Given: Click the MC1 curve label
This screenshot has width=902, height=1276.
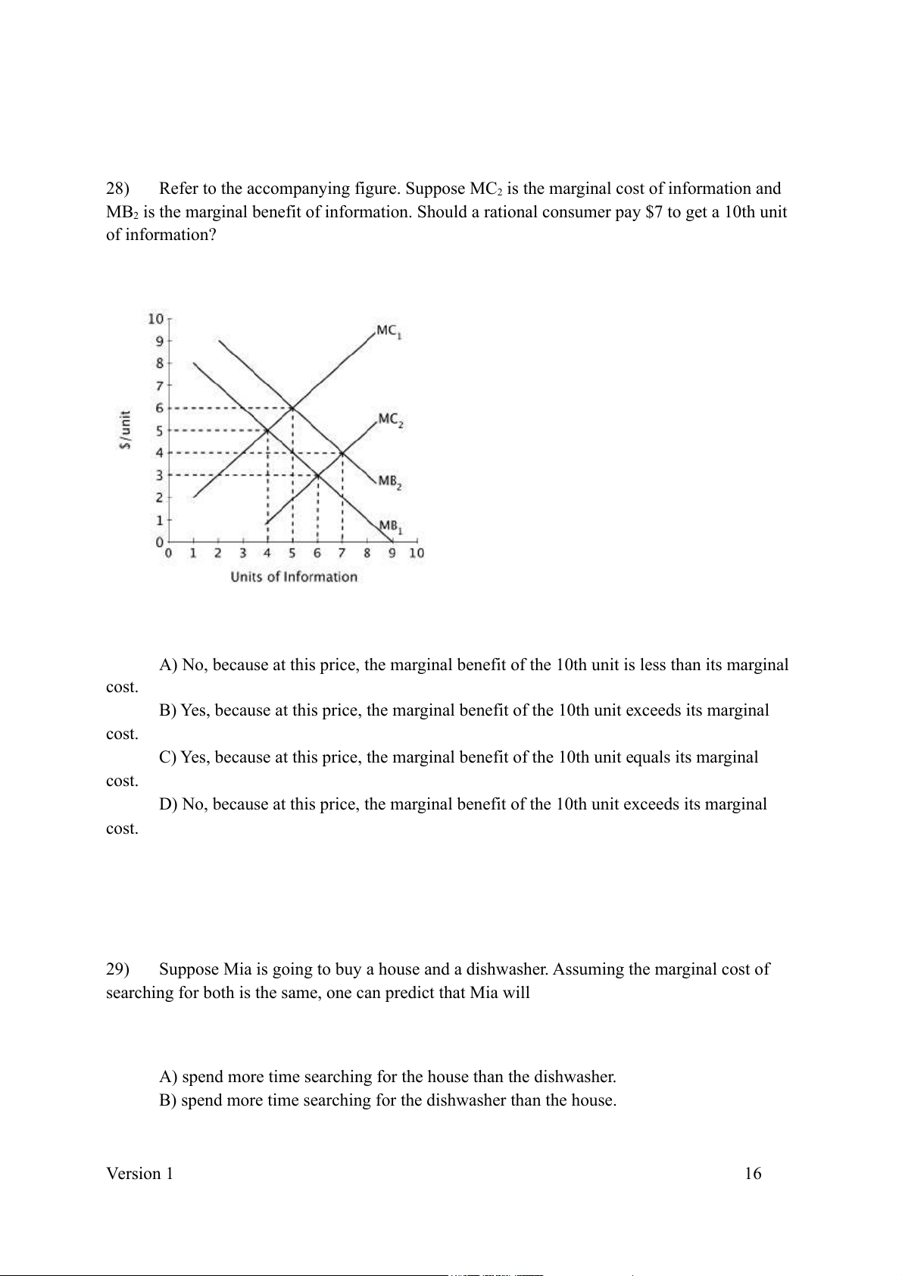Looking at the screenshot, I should [x=389, y=332].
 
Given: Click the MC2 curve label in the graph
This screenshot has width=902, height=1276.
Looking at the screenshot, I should [x=391, y=420].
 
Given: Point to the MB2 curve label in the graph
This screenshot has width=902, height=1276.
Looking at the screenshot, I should [x=389, y=482].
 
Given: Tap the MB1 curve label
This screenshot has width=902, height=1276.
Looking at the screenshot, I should [x=390, y=526].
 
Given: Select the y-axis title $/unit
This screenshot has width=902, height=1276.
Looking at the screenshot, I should [x=126, y=430].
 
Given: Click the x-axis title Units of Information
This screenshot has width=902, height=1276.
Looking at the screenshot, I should [x=294, y=577].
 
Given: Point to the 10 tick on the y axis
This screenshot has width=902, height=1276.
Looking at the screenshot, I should [x=155, y=318].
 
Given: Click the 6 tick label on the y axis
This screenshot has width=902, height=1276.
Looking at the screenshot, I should [x=159, y=408].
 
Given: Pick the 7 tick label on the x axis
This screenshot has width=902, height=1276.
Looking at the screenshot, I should [x=342, y=553].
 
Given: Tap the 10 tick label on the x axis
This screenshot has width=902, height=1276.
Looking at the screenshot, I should [x=417, y=553].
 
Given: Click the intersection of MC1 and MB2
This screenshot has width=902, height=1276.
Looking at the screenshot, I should [x=293, y=408].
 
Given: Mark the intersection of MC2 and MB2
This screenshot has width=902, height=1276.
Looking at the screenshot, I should [x=342, y=453].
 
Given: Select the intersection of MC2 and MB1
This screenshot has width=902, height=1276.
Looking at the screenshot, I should [x=317, y=476].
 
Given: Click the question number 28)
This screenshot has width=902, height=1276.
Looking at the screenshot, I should [x=118, y=189].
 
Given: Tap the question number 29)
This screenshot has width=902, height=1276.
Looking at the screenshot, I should [x=118, y=969].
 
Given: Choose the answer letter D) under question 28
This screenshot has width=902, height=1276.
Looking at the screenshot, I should [x=168, y=804].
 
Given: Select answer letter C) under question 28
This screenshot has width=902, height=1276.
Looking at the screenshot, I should [x=168, y=757].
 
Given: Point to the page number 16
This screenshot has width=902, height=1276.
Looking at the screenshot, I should [x=753, y=1174].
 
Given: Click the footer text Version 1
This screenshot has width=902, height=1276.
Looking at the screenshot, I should [x=139, y=1174].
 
